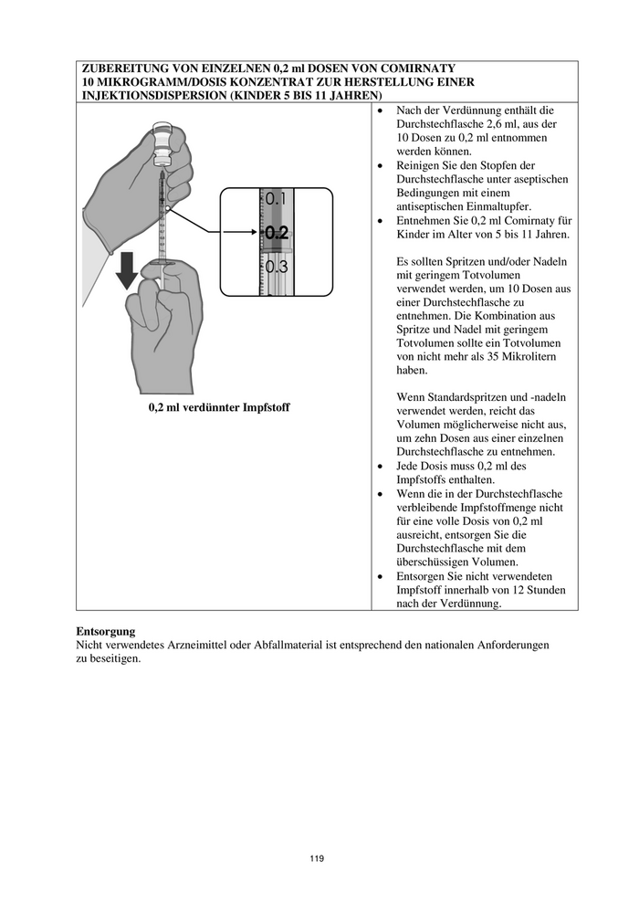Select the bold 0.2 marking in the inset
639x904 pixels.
[276, 233]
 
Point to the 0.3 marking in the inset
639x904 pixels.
[276, 268]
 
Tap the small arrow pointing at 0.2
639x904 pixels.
[239, 233]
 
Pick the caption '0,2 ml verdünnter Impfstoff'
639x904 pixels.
[219, 407]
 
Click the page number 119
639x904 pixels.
[317, 858]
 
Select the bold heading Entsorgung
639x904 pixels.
[106, 631]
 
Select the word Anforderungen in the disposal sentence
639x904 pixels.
[508, 645]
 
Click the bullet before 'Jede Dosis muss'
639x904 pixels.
[381, 467]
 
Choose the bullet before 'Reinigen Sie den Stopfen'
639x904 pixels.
[381, 165]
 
